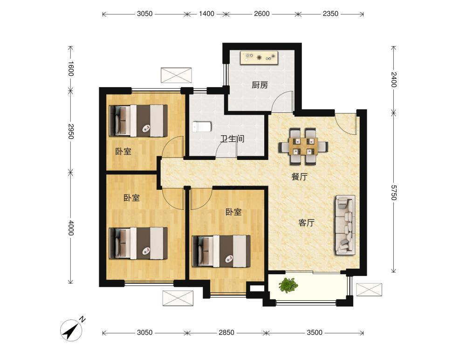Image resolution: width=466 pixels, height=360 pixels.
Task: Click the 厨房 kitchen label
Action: (260, 85)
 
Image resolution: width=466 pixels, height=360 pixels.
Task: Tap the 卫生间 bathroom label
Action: (232, 138)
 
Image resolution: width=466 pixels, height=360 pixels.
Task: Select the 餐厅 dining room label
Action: (299, 177)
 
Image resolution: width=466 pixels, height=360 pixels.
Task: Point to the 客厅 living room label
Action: (307, 222)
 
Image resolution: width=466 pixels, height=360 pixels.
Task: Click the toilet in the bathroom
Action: (202, 127)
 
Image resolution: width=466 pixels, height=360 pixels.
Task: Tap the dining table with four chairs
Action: (303, 146)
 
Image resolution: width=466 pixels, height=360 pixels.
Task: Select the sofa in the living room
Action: (345, 225)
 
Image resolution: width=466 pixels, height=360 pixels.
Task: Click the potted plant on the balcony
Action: (288, 285)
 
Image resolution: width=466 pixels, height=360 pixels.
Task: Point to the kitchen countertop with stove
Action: (260, 57)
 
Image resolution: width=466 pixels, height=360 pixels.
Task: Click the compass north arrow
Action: (71, 330)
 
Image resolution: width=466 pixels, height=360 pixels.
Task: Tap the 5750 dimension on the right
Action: (393, 192)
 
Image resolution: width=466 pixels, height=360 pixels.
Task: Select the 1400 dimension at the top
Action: (206, 14)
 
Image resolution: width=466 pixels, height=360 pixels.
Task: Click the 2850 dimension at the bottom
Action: (226, 332)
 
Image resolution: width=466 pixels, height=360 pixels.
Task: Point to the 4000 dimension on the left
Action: (70, 228)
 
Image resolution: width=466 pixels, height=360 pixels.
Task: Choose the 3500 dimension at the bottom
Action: (315, 332)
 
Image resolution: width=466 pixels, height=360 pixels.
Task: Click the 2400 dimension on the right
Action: (393, 79)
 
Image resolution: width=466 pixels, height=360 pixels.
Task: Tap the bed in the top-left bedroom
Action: (138, 120)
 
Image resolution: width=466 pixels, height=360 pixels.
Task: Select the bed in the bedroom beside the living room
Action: (221, 251)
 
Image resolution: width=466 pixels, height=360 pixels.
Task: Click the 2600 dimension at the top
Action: (261, 14)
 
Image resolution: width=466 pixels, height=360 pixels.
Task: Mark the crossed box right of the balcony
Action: (369, 290)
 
